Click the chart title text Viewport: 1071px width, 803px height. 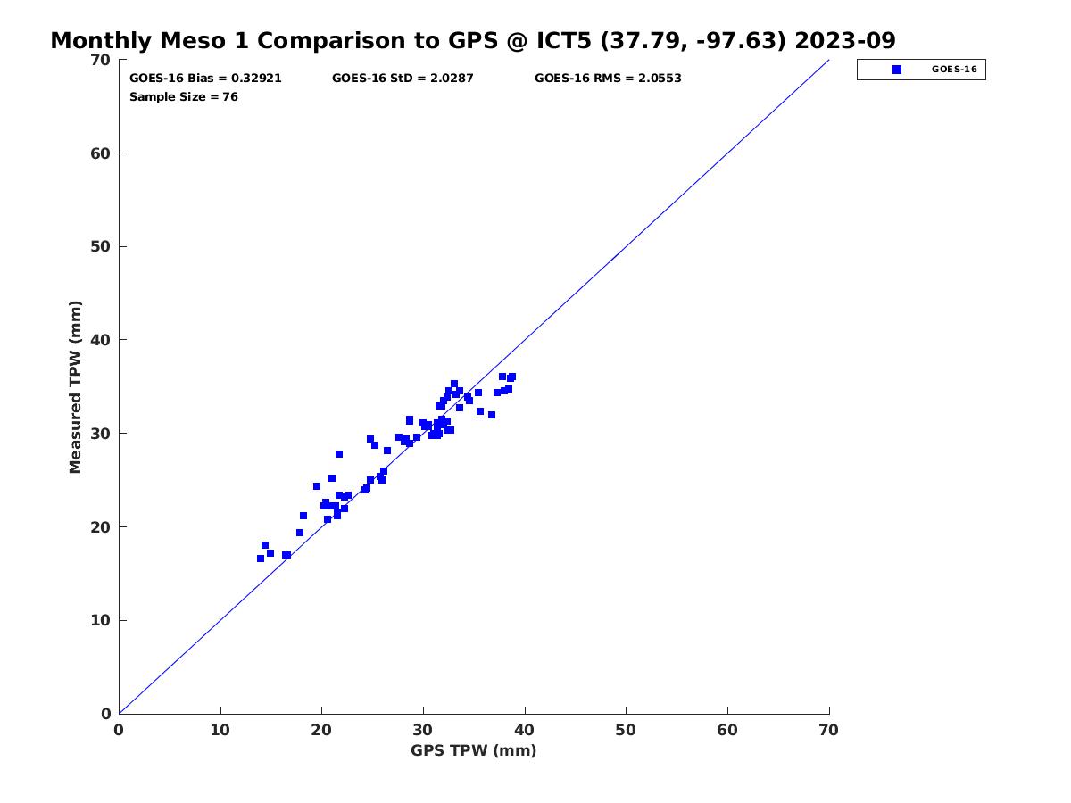473,41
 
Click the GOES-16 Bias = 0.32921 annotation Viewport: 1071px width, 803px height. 205,79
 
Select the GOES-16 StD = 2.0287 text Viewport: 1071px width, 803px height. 403,79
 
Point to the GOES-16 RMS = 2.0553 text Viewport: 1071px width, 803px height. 608,79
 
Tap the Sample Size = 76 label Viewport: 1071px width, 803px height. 184,97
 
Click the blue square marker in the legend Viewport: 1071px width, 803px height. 897,70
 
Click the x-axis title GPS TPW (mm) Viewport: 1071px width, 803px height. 474,750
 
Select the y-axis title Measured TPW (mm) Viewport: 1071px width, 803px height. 75,386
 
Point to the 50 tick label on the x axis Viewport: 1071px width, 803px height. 627,731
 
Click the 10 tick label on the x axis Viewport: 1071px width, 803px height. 220,731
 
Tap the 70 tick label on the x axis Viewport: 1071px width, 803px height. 829,731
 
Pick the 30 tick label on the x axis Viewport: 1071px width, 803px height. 423,731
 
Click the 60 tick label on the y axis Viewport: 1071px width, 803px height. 101,153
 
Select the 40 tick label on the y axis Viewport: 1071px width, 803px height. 101,340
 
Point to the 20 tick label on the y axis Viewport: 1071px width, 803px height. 101,527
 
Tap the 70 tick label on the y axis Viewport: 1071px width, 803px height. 101,60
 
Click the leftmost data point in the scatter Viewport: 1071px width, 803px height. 261,559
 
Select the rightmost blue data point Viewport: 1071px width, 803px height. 511,377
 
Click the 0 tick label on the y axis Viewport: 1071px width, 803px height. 106,714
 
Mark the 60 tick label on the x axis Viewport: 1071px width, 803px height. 728,731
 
